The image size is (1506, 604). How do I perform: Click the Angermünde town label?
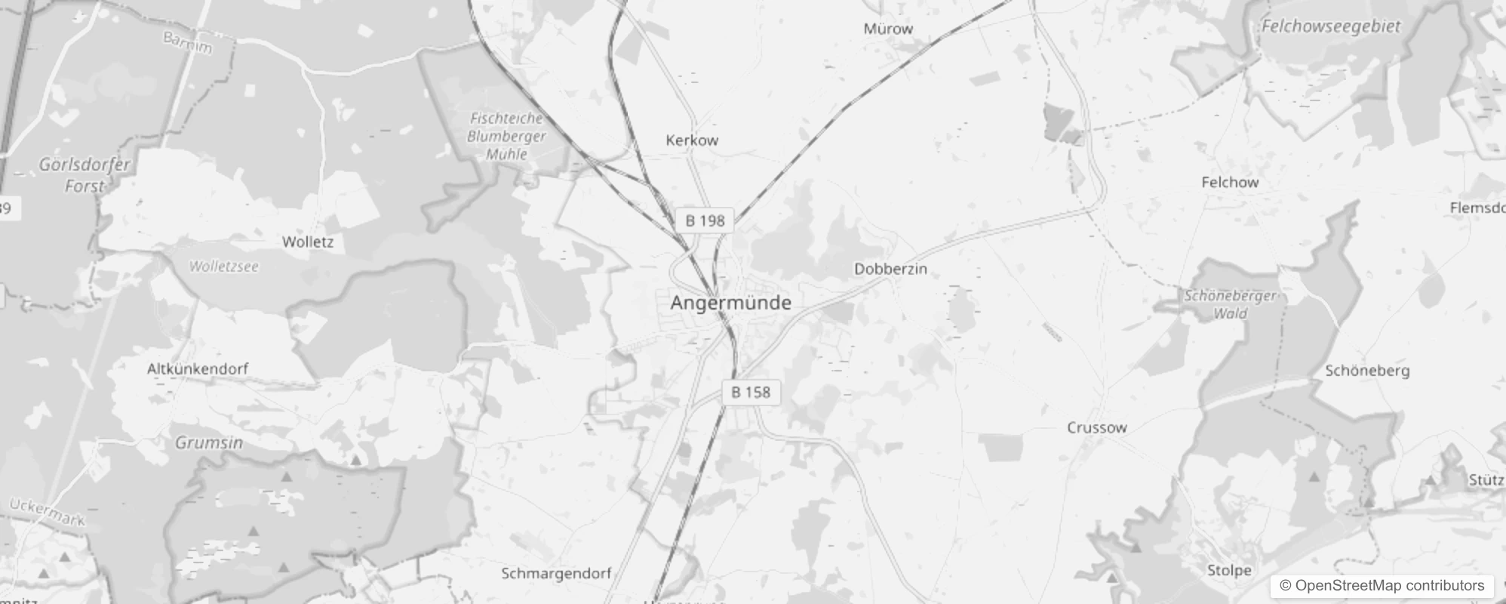pos(730,303)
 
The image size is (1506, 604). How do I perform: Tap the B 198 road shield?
pos(705,220)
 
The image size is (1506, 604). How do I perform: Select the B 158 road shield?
pos(751,392)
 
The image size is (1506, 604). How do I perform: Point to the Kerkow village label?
pos(692,140)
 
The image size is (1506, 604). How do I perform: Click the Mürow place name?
pos(888,29)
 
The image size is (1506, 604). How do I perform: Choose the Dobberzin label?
pos(890,269)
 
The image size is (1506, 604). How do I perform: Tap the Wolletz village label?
pos(307,242)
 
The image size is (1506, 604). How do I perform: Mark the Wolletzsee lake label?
pos(223,267)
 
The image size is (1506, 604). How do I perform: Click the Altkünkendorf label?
pos(197,369)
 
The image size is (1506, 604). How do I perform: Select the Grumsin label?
pos(209,442)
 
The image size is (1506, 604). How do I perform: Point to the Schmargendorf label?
pos(556,573)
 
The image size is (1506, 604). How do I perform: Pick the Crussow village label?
pos(1096,427)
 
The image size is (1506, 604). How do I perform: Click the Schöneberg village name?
pos(1367,371)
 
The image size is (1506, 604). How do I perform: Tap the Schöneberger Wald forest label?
pos(1230,304)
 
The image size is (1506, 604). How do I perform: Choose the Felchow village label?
pos(1230,182)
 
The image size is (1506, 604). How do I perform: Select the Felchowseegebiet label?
pos(1331,26)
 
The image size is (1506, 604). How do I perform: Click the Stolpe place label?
pos(1229,570)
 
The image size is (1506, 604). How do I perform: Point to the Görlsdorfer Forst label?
pos(85,175)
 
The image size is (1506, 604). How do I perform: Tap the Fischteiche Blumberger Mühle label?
pos(506,136)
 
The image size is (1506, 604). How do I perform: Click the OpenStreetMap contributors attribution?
pos(1382,585)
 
